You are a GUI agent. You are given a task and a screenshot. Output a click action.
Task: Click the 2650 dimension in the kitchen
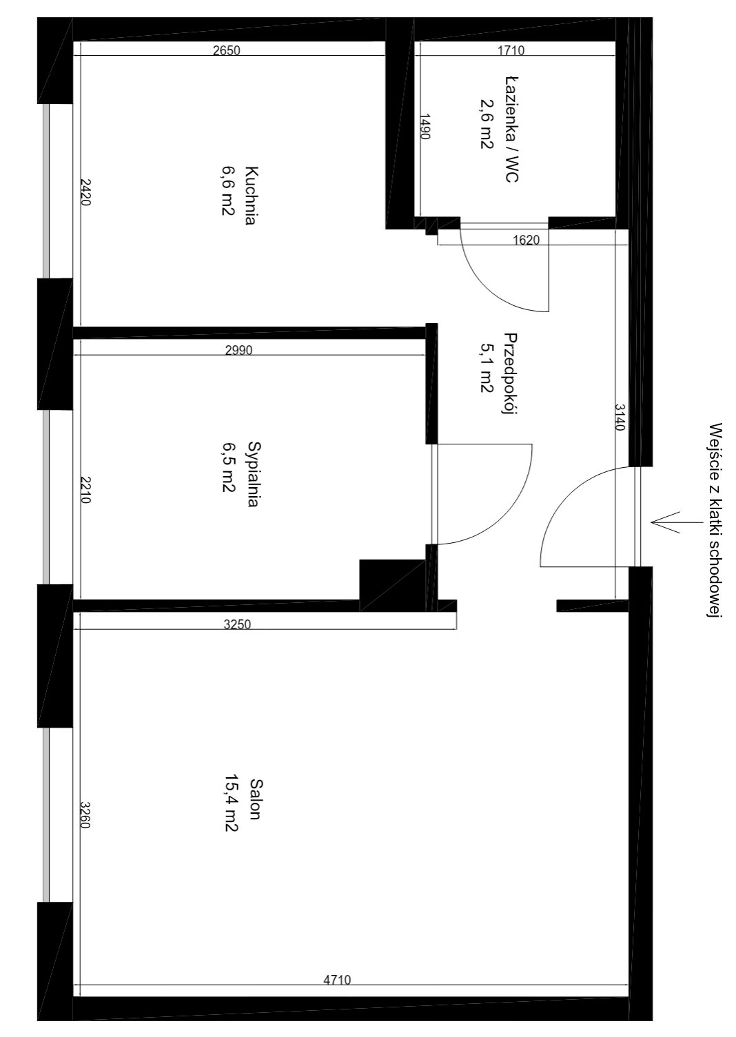click(x=226, y=50)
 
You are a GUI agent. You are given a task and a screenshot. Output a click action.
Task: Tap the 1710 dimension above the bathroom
click(x=511, y=50)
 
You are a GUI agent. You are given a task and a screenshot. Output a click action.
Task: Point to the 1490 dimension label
click(x=426, y=126)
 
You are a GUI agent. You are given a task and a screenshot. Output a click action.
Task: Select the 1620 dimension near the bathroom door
click(x=527, y=240)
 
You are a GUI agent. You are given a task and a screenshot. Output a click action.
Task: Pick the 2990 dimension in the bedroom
click(x=239, y=351)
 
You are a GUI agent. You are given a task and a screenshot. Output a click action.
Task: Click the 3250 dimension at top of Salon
click(x=237, y=624)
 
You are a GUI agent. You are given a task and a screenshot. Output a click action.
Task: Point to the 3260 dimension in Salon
click(x=85, y=815)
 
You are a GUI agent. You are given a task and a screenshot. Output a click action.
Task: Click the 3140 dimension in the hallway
click(x=620, y=417)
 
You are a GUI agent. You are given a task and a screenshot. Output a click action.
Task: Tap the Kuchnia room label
click(x=252, y=195)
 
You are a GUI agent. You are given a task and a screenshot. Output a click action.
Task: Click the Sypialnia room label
click(x=254, y=475)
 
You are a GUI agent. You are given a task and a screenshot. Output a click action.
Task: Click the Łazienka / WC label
click(x=511, y=129)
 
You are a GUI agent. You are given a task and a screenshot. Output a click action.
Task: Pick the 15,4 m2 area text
click(x=232, y=803)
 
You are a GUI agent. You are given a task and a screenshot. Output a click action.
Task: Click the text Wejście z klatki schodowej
click(x=716, y=520)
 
